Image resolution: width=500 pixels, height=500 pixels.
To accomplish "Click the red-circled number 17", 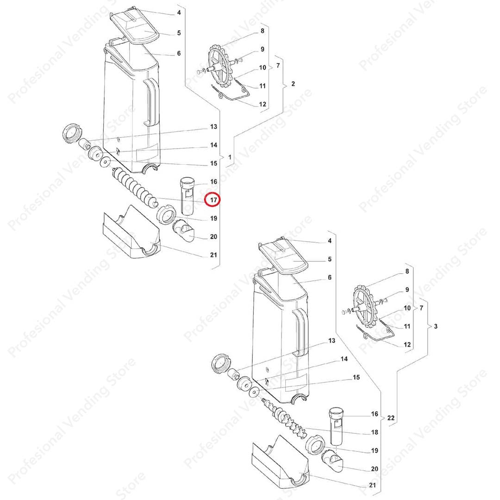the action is (x=213, y=200).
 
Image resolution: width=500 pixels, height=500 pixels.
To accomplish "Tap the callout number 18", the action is (x=375, y=432).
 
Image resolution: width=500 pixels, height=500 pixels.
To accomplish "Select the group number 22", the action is (x=391, y=418).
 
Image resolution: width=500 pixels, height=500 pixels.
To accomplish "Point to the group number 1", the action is (x=230, y=157).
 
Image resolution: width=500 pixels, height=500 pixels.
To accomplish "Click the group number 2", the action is (x=293, y=84).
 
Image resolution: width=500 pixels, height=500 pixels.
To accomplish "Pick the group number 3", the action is (x=436, y=326).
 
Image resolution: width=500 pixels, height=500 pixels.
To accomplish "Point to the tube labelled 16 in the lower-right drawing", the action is (x=336, y=426).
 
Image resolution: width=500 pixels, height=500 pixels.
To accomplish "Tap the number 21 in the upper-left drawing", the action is (x=213, y=255).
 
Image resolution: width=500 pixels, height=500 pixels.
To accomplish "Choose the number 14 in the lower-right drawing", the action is (x=344, y=359).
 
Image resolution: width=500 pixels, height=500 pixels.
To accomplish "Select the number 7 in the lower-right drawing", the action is (x=422, y=308).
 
